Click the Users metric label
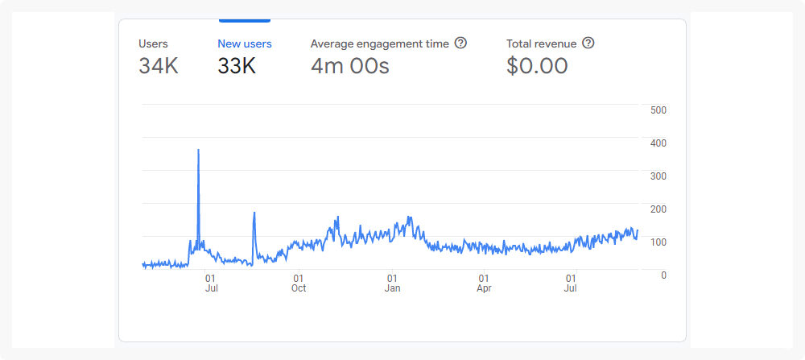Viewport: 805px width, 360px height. (153, 43)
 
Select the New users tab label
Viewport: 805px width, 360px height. (245, 43)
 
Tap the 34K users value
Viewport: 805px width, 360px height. (159, 66)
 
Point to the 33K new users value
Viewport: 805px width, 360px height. (237, 66)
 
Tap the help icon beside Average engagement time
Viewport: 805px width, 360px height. (460, 43)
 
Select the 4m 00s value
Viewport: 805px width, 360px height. (349, 66)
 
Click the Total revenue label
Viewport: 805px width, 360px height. (541, 43)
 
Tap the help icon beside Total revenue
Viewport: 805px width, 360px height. (588, 43)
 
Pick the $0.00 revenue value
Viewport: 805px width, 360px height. (537, 66)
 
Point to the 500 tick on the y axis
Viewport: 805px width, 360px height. (658, 110)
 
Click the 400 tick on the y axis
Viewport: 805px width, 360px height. (658, 143)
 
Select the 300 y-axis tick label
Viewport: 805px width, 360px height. (658, 176)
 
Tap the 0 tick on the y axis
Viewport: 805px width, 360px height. (663, 275)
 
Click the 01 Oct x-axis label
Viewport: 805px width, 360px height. (299, 283)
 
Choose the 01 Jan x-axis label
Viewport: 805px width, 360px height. (392, 283)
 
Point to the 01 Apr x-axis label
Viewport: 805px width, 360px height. (484, 283)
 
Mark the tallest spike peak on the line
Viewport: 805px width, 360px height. (198, 150)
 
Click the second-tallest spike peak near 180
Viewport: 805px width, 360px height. (254, 213)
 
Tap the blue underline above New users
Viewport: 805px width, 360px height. (245, 20)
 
